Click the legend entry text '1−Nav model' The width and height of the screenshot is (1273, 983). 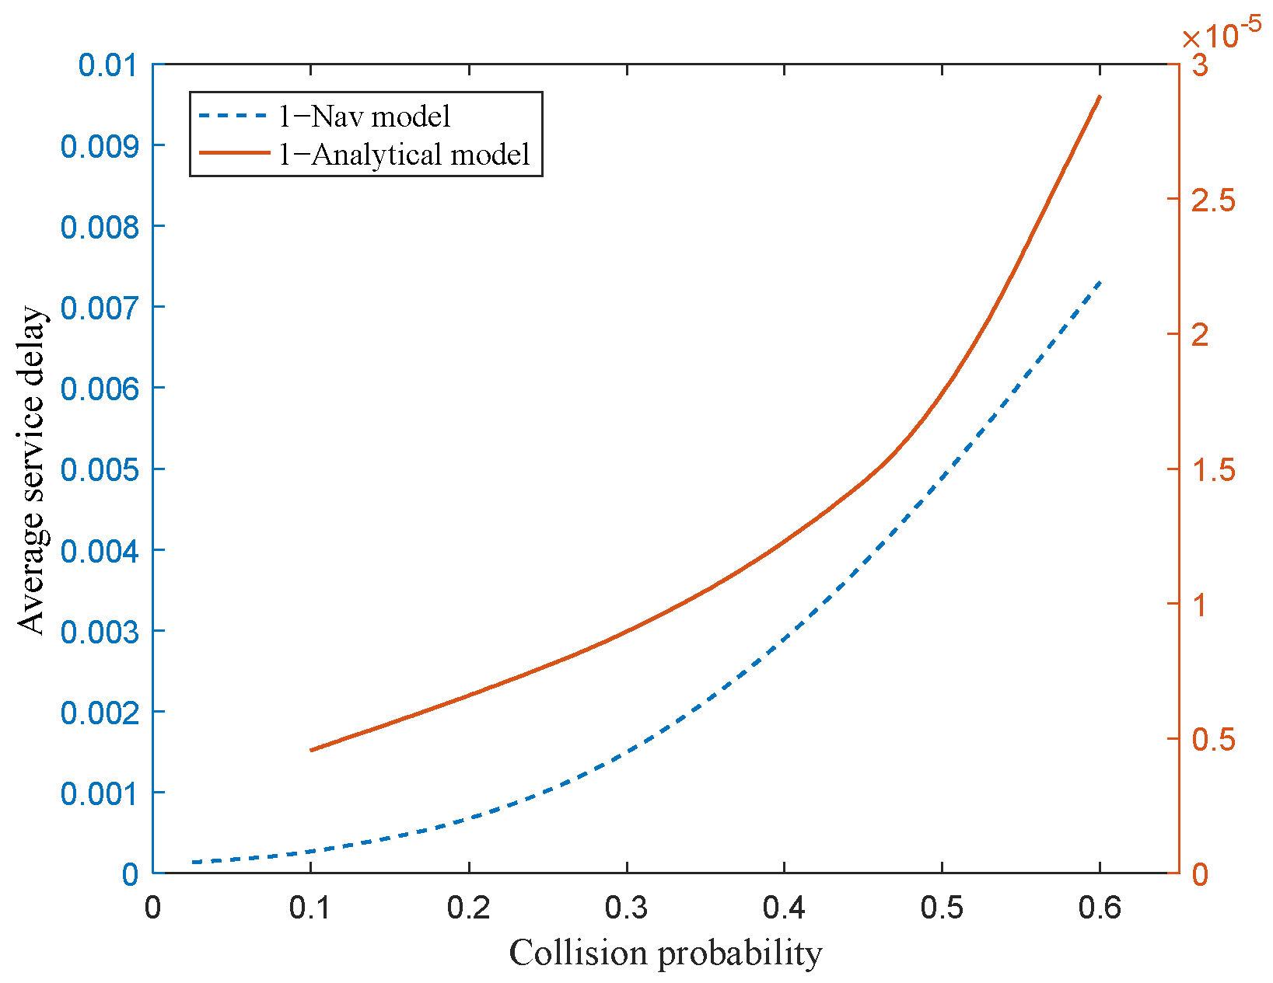(365, 117)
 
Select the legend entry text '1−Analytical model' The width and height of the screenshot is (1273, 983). (404, 155)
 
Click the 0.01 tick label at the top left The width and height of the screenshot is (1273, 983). (107, 64)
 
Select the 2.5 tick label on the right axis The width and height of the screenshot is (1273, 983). (1213, 200)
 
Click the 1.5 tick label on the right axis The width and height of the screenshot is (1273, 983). (1213, 470)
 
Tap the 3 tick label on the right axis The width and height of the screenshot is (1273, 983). (1200, 65)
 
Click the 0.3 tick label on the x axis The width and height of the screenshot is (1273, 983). (627, 908)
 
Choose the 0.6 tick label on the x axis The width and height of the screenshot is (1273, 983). (1100, 908)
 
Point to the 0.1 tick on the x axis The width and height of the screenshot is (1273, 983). (311, 908)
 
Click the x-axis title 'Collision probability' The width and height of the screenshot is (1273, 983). (666, 953)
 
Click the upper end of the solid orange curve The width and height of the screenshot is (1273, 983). (1100, 96)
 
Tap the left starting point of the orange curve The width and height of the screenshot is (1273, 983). (311, 750)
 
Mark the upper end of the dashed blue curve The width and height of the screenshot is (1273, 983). (1100, 282)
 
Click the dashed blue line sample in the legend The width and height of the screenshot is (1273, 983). (233, 117)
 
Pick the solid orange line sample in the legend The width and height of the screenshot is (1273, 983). (233, 154)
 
